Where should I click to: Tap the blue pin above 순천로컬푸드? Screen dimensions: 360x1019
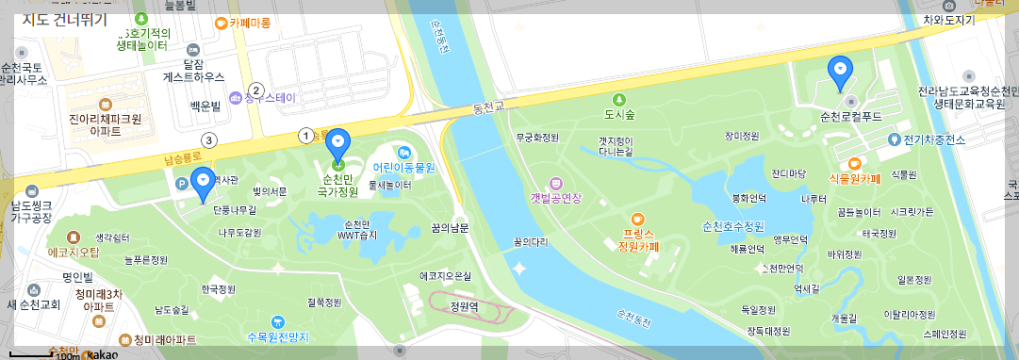[x=839, y=70]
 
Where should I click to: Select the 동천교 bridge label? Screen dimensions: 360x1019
[x=488, y=110]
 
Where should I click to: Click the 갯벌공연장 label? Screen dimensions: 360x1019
[x=557, y=198]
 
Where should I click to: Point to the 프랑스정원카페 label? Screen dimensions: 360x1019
[x=638, y=239]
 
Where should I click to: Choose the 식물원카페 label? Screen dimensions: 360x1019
[x=854, y=178]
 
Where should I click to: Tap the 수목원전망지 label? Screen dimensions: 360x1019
[x=277, y=336]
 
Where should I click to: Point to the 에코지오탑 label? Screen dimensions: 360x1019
[x=74, y=252]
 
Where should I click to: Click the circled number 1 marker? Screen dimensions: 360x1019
[x=305, y=135]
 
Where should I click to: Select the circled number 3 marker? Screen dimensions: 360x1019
[x=209, y=140]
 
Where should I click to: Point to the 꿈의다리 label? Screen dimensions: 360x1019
[x=531, y=241]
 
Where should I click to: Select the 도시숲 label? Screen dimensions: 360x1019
[x=619, y=115]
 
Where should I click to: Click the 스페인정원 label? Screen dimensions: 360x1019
[x=945, y=333]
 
